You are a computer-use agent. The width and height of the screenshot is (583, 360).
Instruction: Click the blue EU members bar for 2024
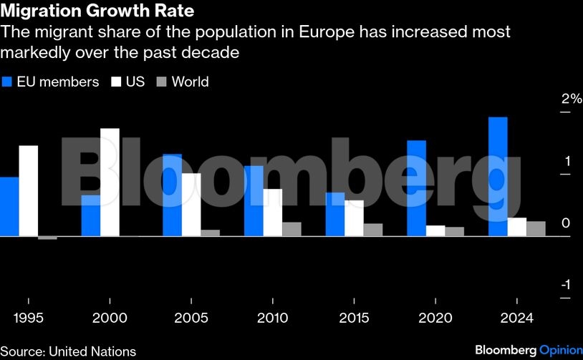498,176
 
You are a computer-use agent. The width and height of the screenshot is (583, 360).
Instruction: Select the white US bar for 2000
110,182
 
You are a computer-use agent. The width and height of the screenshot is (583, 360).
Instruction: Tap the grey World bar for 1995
47,238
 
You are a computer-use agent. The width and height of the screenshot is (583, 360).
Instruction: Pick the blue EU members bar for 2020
416,188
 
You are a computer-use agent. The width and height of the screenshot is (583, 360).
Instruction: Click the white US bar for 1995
28,190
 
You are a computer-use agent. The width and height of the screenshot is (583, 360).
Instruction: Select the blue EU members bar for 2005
172,195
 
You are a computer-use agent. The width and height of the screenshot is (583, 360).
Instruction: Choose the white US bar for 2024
516,227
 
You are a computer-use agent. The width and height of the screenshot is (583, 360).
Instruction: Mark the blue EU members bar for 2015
335,214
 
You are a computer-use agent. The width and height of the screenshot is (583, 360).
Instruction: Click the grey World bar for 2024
536,228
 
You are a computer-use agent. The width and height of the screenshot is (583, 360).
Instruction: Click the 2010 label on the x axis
273,318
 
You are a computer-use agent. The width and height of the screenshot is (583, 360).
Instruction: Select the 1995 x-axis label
29,318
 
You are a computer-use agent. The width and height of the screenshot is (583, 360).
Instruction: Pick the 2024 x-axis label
517,318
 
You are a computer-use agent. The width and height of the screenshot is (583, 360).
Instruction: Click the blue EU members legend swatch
8,82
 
